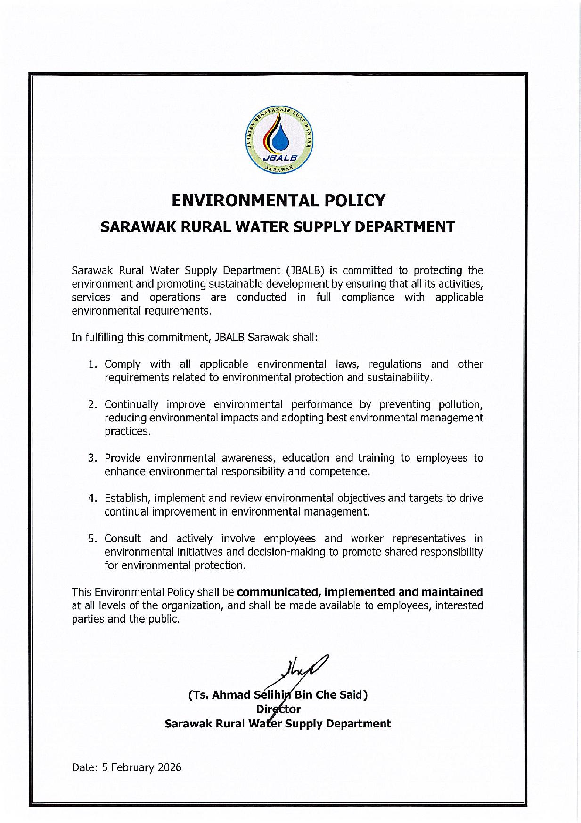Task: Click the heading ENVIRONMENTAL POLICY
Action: point(278,201)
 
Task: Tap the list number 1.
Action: point(92,364)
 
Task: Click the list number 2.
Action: point(92,405)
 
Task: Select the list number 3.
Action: point(92,458)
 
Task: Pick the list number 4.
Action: point(92,498)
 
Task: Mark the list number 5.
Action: point(92,539)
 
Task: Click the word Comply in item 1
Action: point(123,364)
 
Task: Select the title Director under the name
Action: point(278,709)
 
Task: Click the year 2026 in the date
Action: point(170,767)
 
